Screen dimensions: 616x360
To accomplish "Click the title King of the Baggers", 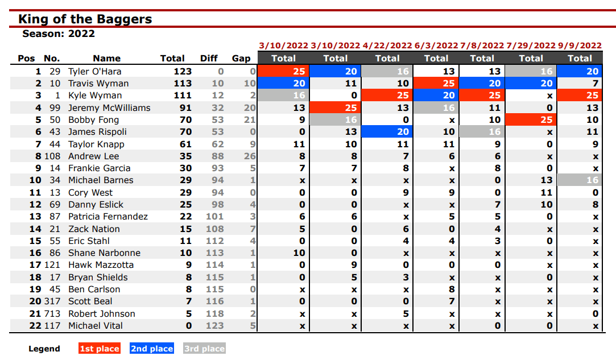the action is [x=85, y=19].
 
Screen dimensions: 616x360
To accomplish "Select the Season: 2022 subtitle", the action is [x=59, y=34].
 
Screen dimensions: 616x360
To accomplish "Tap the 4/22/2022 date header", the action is [x=387, y=45].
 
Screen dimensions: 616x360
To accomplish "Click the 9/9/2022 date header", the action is [x=580, y=45].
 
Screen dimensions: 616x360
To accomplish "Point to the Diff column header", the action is [x=209, y=58].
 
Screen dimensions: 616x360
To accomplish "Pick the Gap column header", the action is [x=241, y=58].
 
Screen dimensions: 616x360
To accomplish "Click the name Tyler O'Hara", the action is [x=94, y=72].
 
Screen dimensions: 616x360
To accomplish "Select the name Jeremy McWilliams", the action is [x=109, y=107].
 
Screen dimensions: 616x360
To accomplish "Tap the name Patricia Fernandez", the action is [x=108, y=217].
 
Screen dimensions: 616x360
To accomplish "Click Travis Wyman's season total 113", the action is [x=183, y=84].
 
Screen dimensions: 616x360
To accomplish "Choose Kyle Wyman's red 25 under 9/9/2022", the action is [x=580, y=95].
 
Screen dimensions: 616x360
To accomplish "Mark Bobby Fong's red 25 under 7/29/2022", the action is [x=531, y=119].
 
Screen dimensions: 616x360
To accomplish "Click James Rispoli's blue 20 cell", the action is [x=387, y=132].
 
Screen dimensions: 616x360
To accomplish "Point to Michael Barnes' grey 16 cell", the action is [x=580, y=180].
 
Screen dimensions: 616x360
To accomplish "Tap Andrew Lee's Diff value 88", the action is [x=218, y=156].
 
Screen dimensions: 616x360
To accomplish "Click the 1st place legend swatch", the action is [x=100, y=349].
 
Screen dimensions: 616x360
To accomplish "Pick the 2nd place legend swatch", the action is [x=152, y=349].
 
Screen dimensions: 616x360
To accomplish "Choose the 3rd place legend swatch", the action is [x=204, y=349].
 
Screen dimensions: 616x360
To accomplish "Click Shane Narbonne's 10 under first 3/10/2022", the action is [x=299, y=253].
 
